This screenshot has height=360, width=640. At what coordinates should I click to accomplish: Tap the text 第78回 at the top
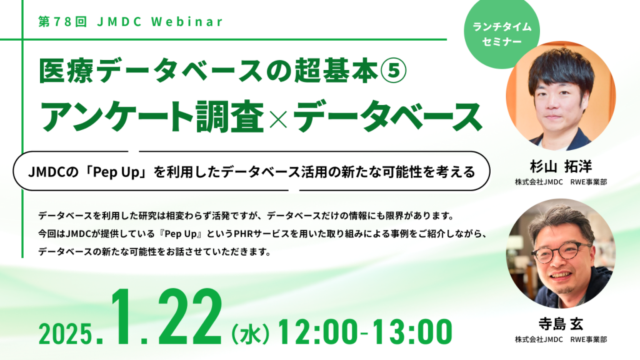(59, 21)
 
